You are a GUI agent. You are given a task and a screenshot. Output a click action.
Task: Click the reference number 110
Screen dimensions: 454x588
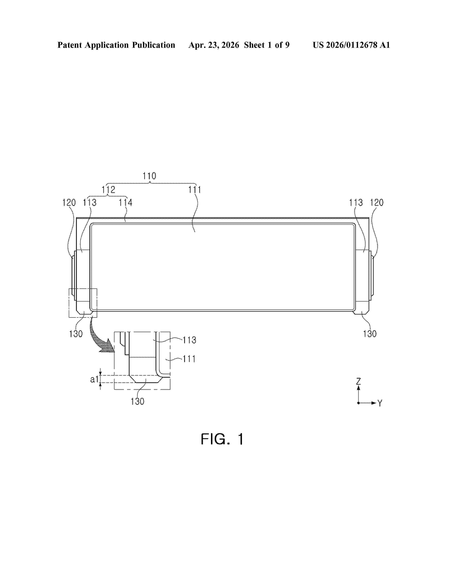[149, 176]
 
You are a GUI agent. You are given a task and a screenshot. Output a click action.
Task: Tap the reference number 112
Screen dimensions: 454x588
[108, 190]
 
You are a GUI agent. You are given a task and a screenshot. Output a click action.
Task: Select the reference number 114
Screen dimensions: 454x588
[126, 202]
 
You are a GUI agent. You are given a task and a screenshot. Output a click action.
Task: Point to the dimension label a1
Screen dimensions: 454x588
[94, 379]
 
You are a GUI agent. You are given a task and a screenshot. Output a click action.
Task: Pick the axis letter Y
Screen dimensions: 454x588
[380, 403]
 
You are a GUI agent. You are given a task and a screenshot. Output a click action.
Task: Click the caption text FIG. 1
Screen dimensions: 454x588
[222, 439]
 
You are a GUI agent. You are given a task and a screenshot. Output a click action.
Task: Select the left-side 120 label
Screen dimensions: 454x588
[69, 202]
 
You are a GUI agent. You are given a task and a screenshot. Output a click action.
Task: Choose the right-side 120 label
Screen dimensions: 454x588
[377, 202]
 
